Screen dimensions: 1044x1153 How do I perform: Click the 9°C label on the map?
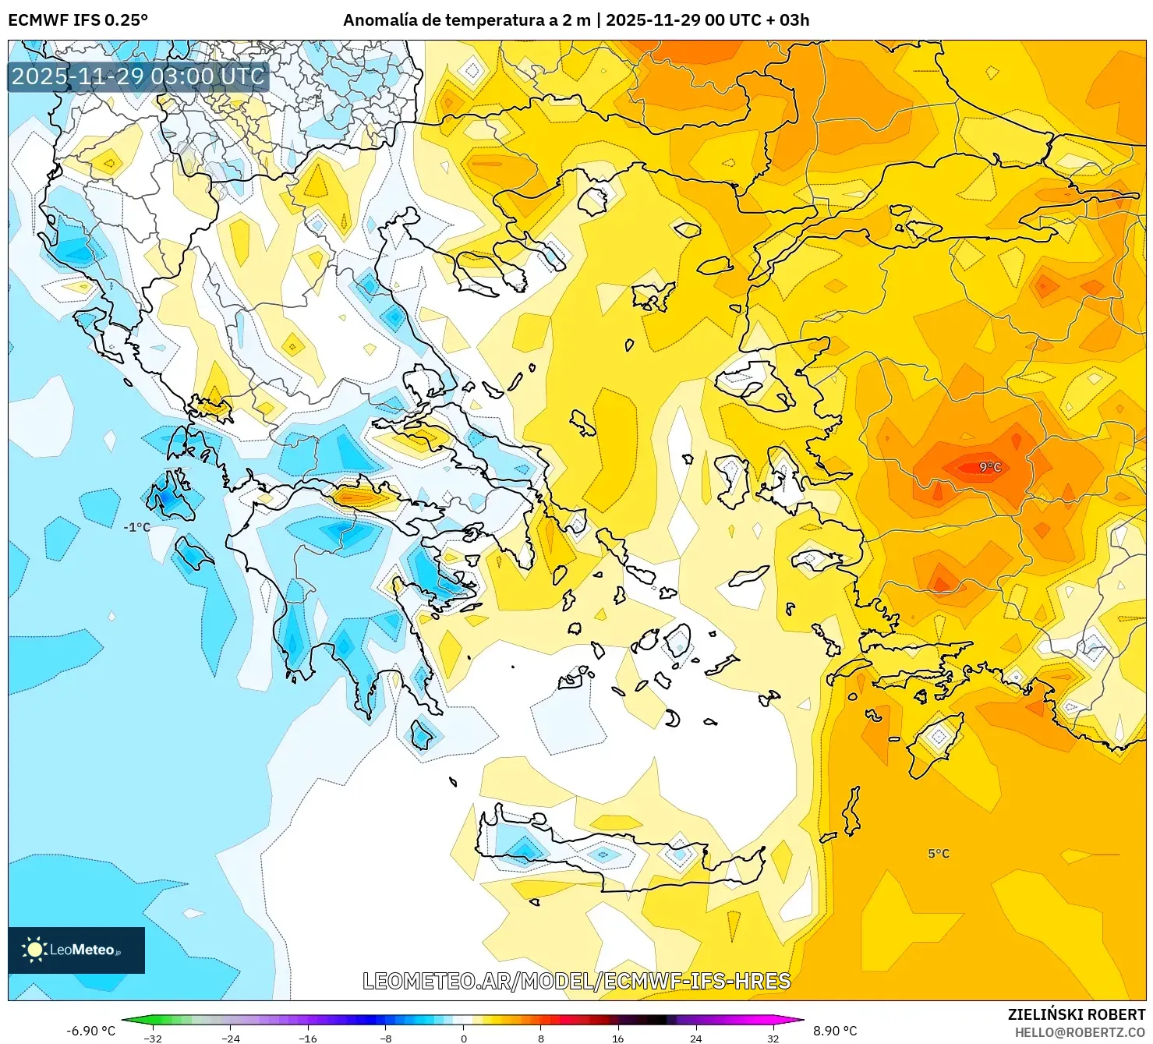[x=990, y=467]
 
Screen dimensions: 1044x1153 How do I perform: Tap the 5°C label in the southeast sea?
[x=939, y=854]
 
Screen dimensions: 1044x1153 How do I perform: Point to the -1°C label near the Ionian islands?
[x=136, y=527]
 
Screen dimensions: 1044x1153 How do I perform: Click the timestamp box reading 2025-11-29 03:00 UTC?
[x=138, y=76]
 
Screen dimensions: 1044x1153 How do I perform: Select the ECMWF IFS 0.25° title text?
[x=78, y=20]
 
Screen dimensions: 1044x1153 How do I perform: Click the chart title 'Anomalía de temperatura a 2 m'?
[x=466, y=20]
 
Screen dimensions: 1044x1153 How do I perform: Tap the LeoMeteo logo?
[x=76, y=950]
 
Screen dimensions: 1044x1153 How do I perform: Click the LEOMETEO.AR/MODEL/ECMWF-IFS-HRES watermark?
[x=577, y=981]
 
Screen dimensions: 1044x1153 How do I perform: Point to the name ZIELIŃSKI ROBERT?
[x=1077, y=1014]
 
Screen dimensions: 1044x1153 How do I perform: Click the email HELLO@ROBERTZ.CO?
[x=1080, y=1032]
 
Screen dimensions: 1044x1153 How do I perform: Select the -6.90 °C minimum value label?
[x=90, y=1031]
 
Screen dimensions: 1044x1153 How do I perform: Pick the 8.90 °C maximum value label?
[x=835, y=1031]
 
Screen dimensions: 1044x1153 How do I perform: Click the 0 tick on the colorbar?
[x=464, y=1038]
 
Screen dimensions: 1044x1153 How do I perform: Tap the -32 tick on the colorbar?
[x=153, y=1038]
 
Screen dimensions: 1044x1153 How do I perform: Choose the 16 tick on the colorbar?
[x=618, y=1038]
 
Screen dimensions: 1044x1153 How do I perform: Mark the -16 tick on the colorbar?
[x=308, y=1038]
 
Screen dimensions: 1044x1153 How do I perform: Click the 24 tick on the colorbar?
[x=695, y=1038]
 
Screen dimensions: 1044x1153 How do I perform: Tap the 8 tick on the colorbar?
[x=541, y=1038]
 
